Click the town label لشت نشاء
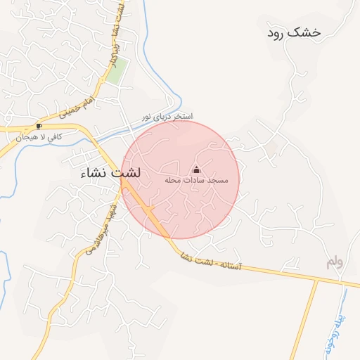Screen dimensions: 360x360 [111, 172]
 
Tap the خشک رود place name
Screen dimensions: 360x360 [295, 32]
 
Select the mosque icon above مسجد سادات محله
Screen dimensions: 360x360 [196, 169]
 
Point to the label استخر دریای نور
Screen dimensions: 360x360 [167, 116]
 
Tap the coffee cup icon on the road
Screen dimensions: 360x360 [39, 126]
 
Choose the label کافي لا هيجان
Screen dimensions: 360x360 [39, 136]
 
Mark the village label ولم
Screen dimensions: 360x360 [335, 262]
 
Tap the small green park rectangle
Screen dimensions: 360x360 [117, 70]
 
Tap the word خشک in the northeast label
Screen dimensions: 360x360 [309, 32]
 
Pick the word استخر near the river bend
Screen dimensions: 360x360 [181, 116]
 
